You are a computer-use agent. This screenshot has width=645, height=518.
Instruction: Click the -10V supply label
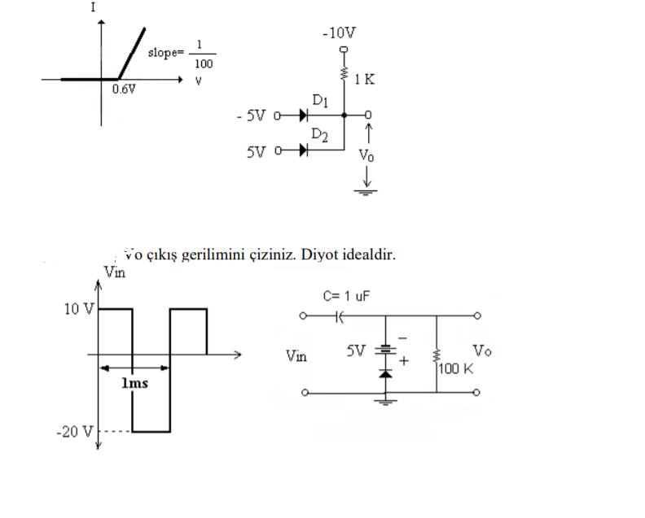pos(339,33)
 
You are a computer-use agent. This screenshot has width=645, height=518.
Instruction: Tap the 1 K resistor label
pos(365,80)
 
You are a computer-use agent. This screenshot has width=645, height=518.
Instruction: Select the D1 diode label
pos(320,100)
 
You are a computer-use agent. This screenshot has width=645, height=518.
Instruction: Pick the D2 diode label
pos(319,134)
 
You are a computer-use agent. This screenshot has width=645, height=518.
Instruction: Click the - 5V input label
pos(251,115)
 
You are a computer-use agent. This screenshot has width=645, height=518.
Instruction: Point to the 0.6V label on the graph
pos(124,89)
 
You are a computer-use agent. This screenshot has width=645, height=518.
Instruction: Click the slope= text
pos(167,53)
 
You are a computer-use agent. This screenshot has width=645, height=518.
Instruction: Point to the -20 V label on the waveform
pos(74,431)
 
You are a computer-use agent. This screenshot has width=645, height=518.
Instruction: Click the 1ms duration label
pos(134,383)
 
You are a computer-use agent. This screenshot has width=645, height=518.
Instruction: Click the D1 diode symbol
pos(303,115)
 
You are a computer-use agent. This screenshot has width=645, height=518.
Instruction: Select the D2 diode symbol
pos(303,150)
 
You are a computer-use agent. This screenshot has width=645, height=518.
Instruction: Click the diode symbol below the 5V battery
pos(386,372)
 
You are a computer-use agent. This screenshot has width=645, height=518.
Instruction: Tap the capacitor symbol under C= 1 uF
pos(338,315)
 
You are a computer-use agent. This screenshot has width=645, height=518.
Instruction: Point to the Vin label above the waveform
pos(114,272)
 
